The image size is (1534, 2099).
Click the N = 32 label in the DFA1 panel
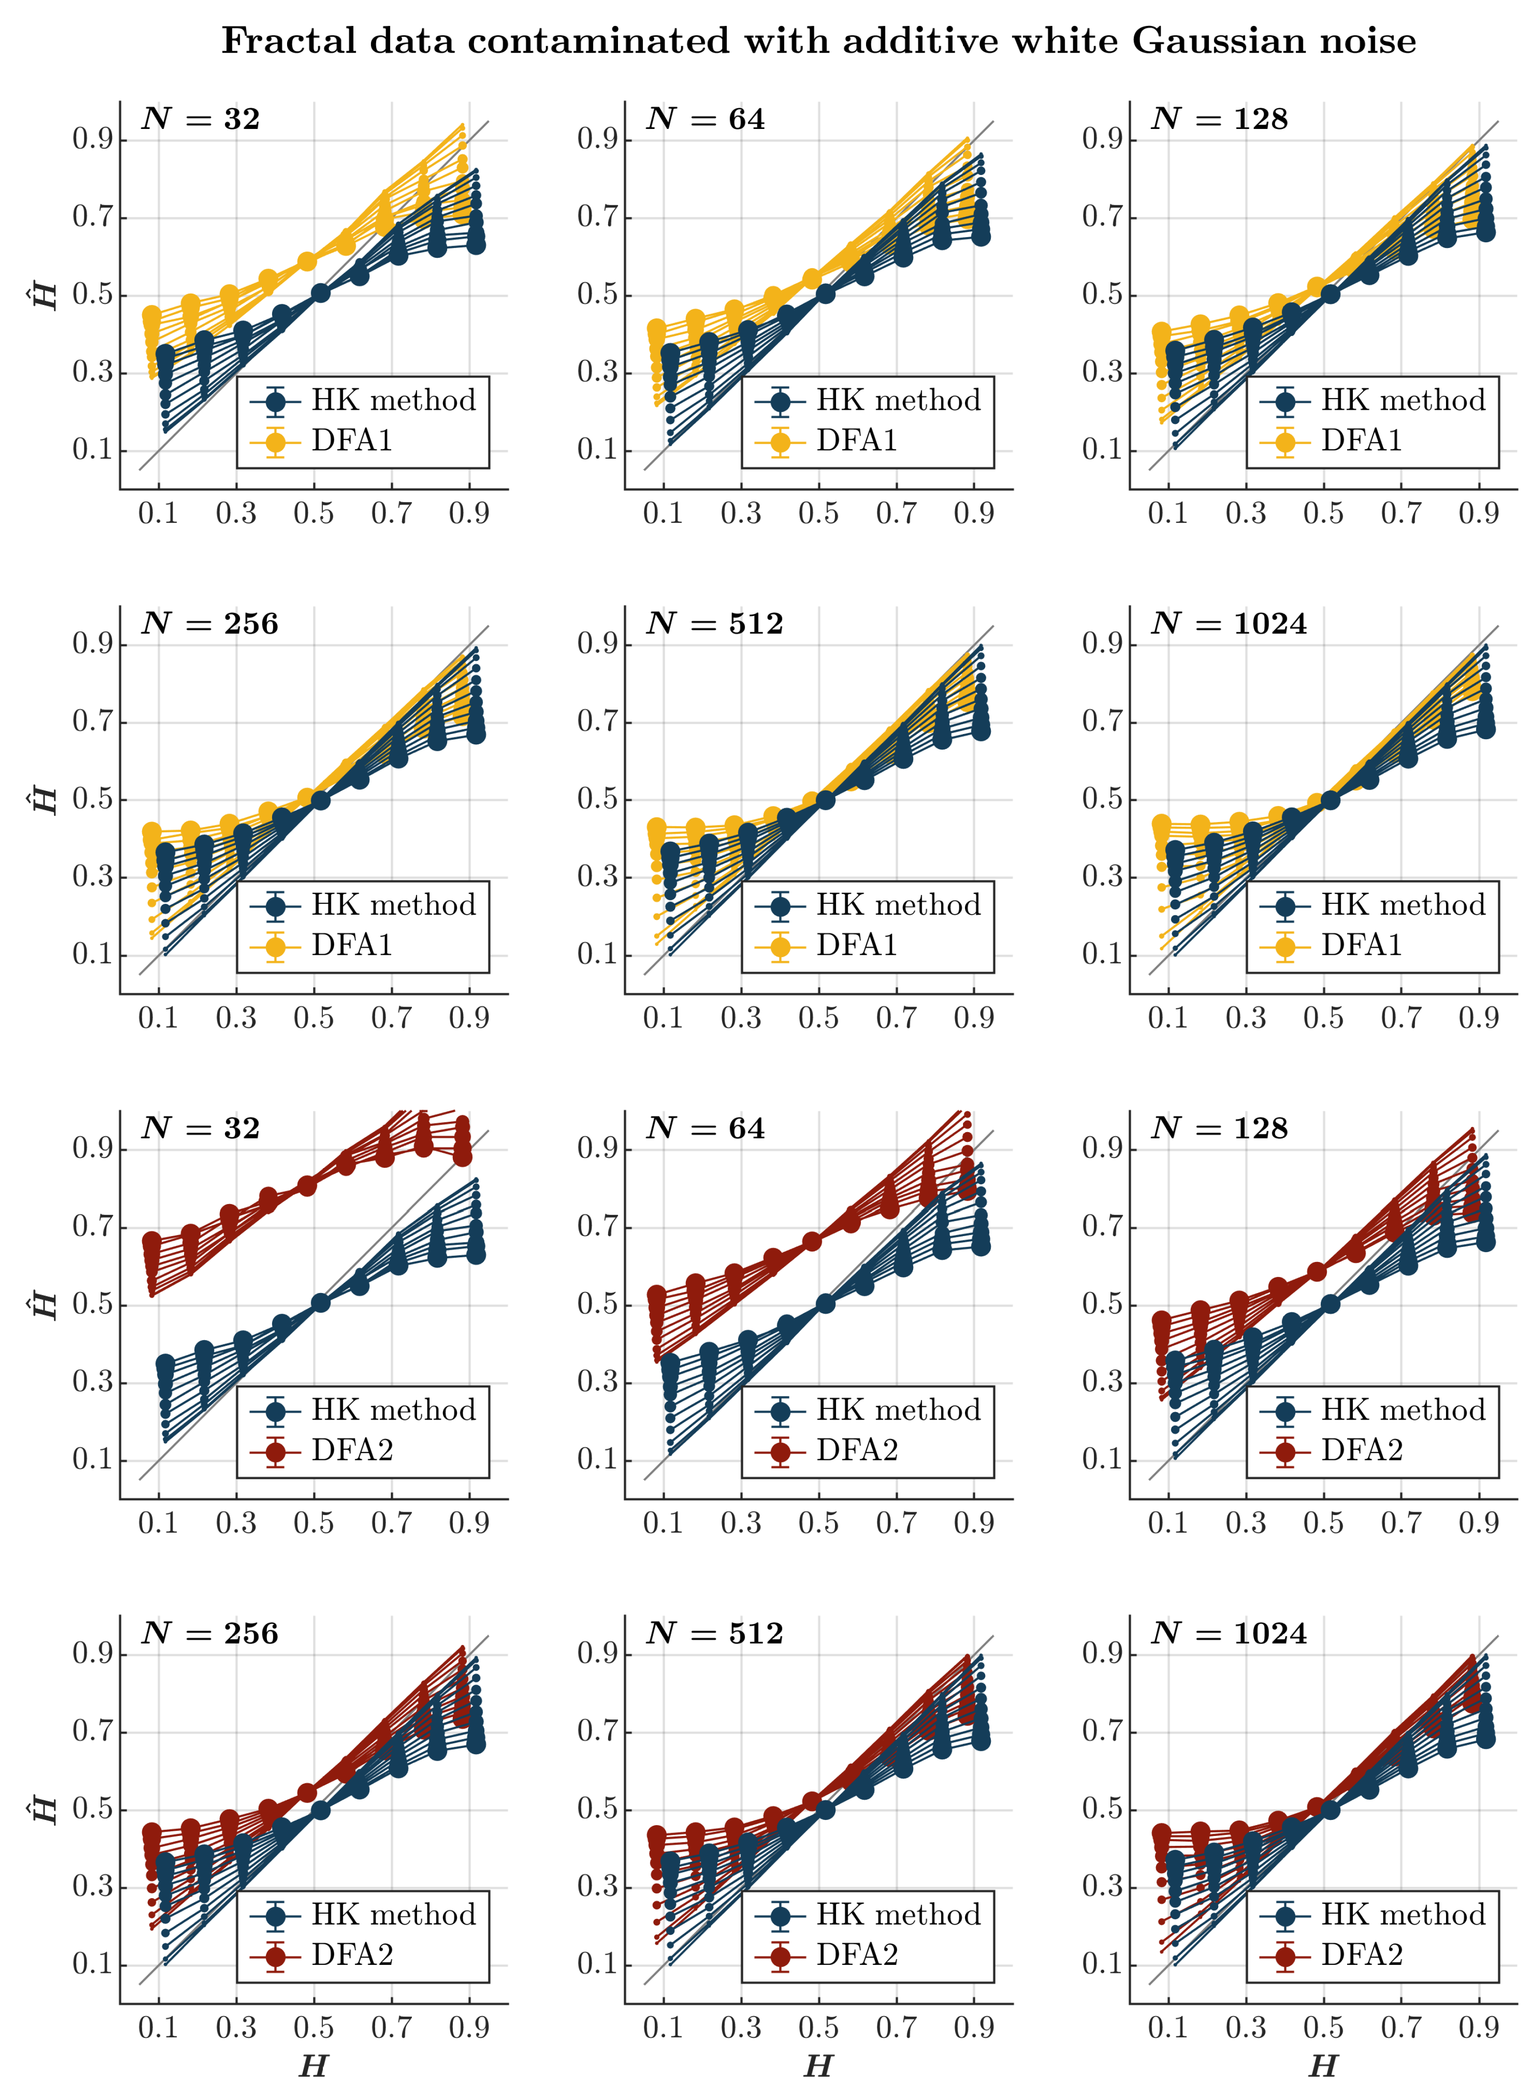pos(201,119)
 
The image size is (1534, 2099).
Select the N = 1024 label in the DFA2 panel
pos(1229,1634)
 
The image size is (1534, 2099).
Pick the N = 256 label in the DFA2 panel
pos(210,1634)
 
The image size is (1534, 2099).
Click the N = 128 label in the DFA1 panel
pos(1219,119)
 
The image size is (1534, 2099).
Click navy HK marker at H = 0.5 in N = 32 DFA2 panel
pos(321,1303)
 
